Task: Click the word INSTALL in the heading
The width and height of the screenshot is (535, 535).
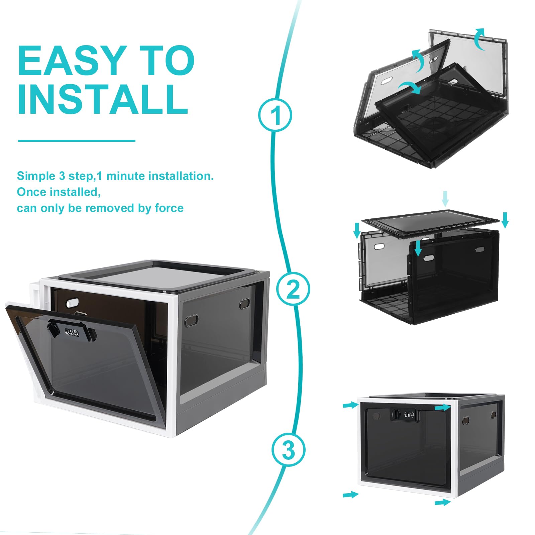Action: click(103, 99)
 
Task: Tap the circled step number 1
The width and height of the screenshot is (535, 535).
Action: click(275, 115)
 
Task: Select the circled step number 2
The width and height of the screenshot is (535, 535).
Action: click(293, 289)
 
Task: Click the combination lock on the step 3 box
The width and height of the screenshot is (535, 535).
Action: click(405, 415)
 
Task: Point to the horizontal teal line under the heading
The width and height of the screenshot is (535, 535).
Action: click(77, 141)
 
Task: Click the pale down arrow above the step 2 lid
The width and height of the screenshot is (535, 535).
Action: click(445, 199)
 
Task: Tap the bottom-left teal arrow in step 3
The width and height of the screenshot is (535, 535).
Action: click(350, 494)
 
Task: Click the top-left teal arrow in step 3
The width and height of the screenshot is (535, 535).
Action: click(351, 405)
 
